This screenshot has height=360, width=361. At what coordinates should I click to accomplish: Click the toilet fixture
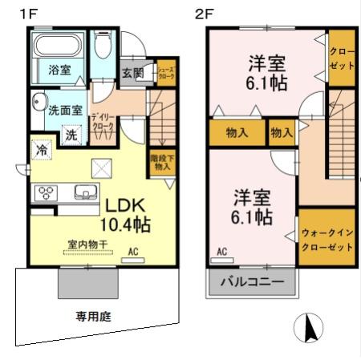(102, 49)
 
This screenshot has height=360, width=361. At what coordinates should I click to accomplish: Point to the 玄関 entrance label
(133, 73)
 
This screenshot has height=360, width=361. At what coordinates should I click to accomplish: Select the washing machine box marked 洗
(71, 135)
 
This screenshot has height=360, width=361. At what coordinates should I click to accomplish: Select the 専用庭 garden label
(94, 315)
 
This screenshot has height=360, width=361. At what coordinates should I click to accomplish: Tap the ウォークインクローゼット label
(327, 240)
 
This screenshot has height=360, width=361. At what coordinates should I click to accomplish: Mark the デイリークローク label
(102, 120)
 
